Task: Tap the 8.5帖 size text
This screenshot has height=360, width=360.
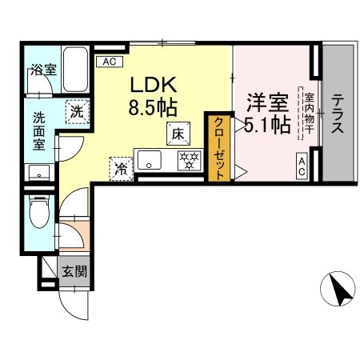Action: click(148, 106)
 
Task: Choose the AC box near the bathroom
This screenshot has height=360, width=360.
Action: click(108, 61)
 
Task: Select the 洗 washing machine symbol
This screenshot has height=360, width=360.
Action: click(76, 111)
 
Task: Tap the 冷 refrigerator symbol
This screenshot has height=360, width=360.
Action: click(121, 168)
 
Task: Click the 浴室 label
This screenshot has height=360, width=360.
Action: click(43, 69)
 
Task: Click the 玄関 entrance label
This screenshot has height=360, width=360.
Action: click(75, 270)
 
